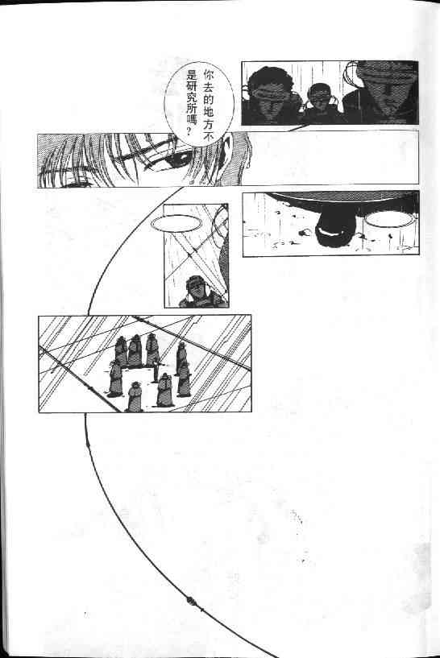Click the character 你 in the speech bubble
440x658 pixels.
(208, 76)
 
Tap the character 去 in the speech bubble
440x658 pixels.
(208, 88)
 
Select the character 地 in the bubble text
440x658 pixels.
(208, 112)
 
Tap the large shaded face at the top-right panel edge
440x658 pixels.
(386, 93)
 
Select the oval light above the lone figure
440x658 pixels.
(176, 223)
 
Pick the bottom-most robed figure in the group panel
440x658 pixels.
(135, 396)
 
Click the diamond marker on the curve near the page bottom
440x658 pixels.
(192, 601)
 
